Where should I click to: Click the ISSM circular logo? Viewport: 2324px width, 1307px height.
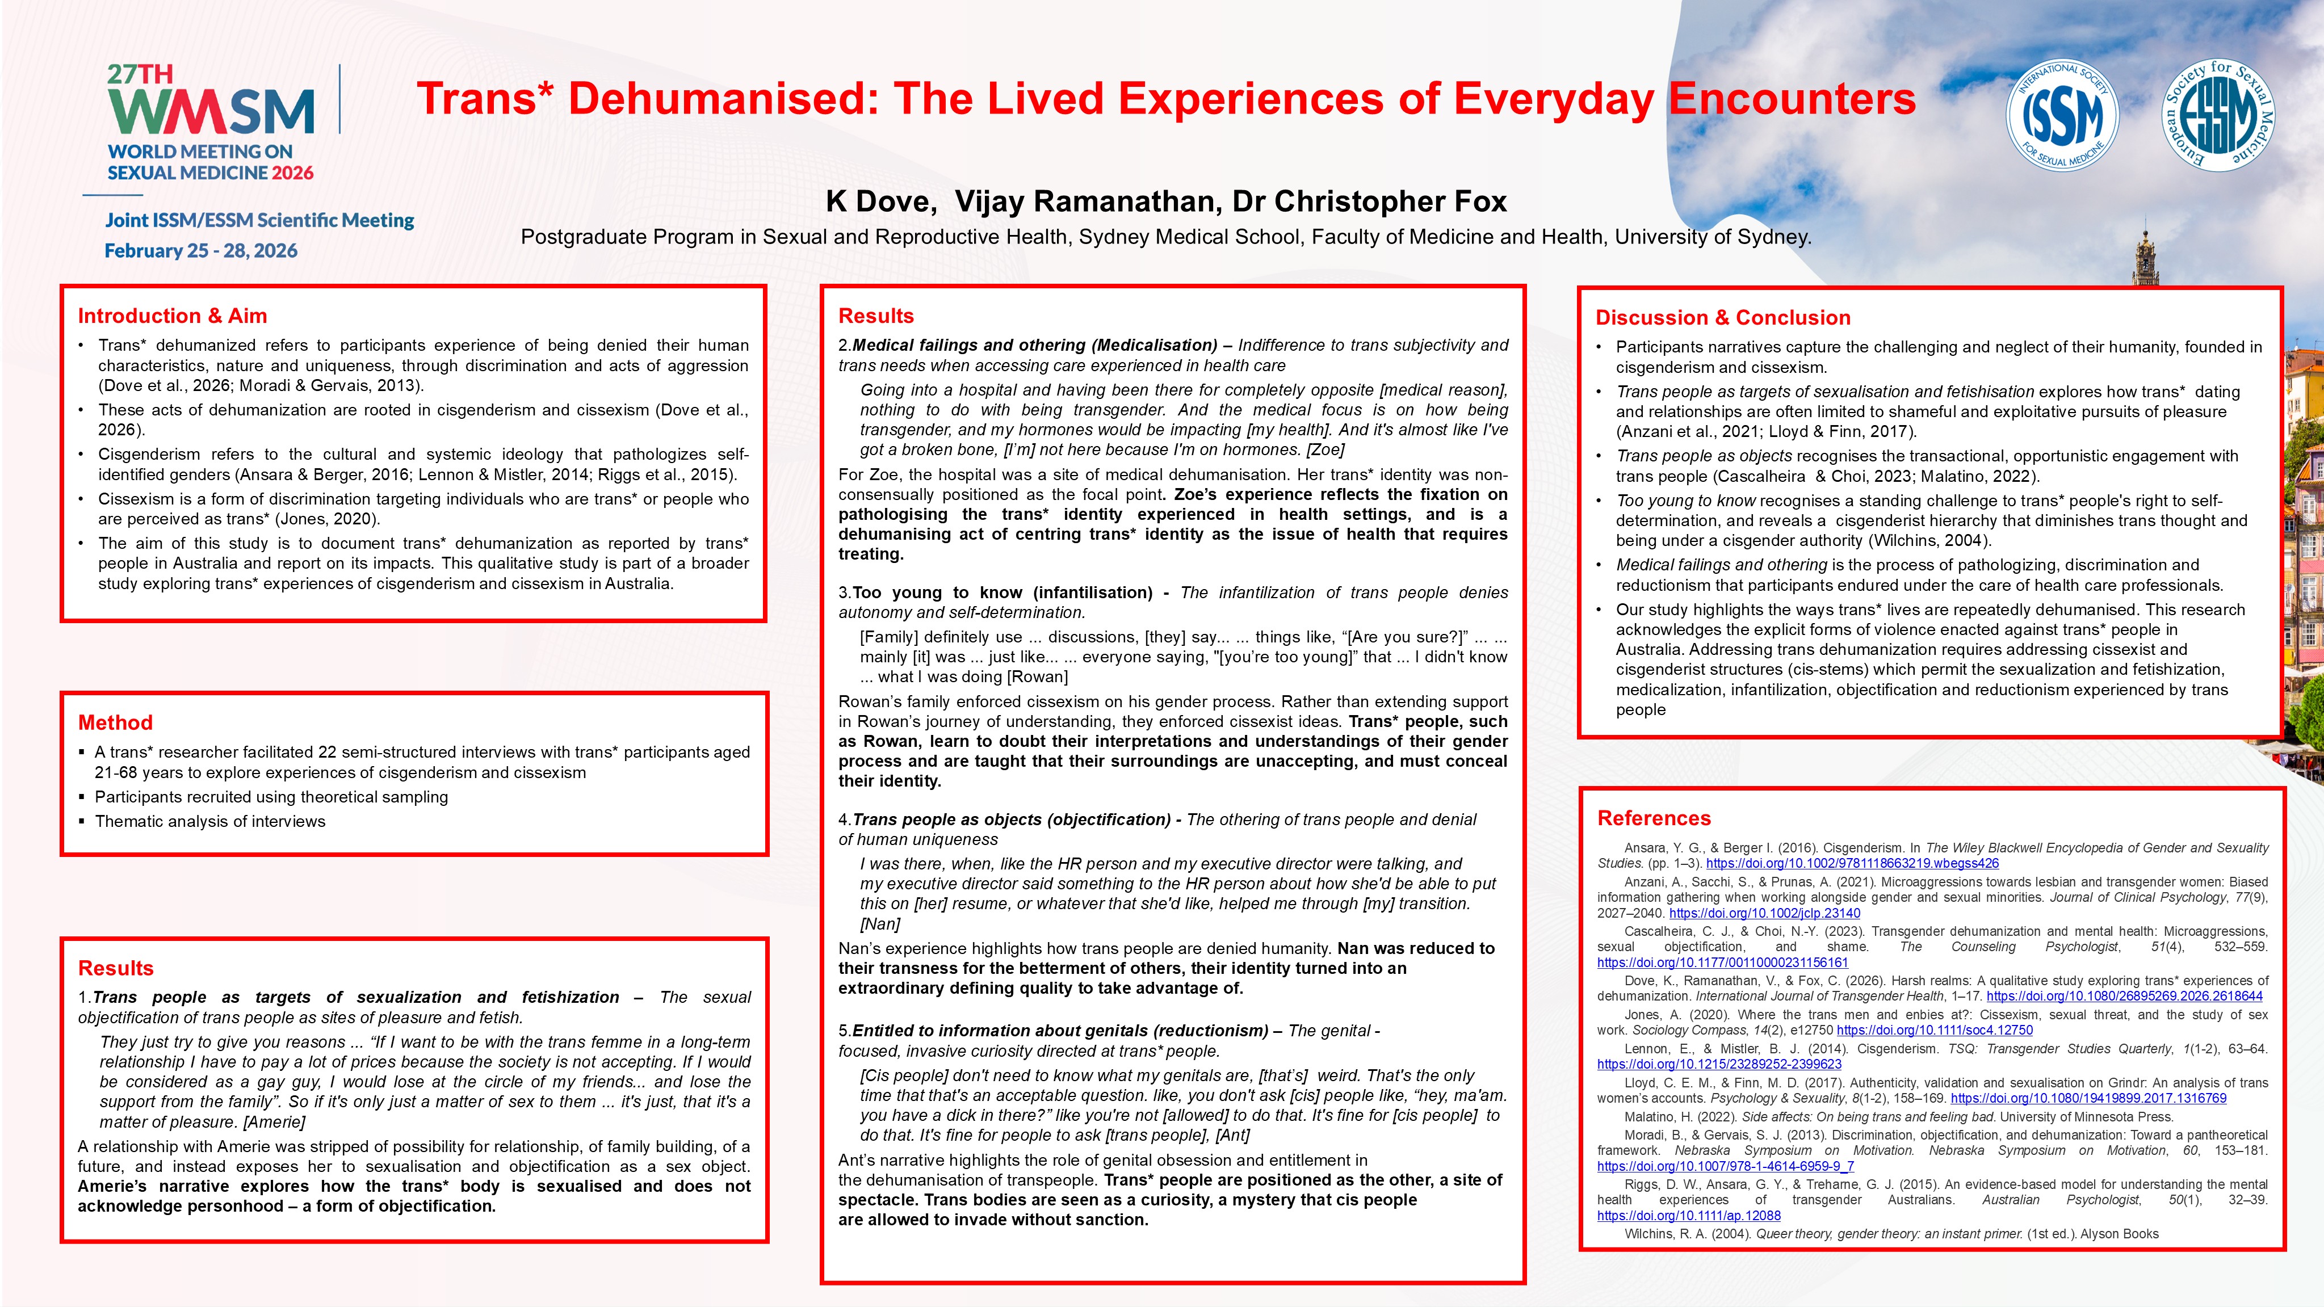[x=2062, y=115]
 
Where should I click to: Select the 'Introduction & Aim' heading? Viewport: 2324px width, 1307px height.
[x=173, y=316]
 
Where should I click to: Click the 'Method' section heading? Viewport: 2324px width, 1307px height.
[x=115, y=722]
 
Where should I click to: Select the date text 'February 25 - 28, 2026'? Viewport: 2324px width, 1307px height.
[x=201, y=251]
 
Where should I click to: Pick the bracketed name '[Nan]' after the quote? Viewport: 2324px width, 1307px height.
[x=880, y=924]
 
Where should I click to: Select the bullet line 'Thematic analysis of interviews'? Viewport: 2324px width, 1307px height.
[x=209, y=821]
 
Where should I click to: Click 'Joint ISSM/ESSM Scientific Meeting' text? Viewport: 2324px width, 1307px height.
[x=259, y=220]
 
